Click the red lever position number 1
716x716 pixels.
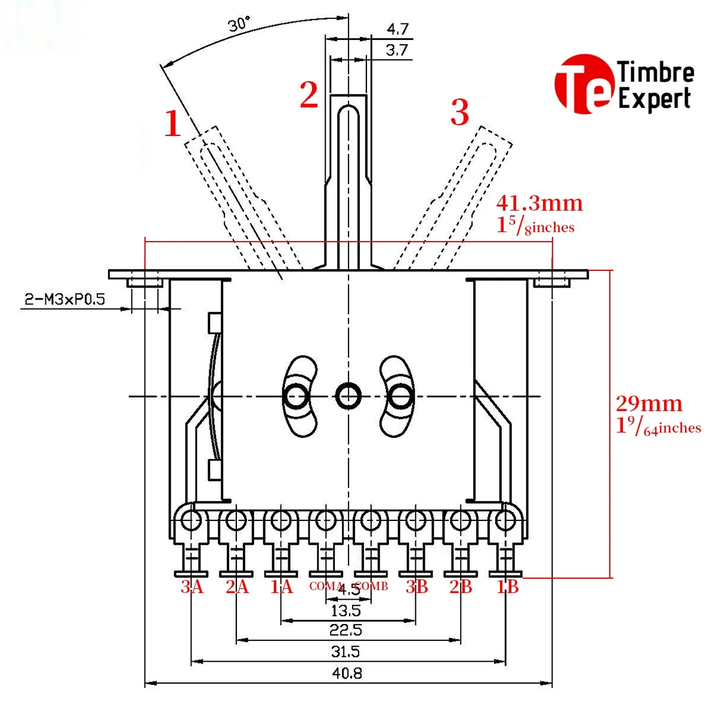172,124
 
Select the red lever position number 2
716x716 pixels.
309,94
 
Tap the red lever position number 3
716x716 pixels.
459,112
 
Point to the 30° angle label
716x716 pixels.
239,24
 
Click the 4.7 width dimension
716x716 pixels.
397,29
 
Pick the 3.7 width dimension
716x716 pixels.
397,50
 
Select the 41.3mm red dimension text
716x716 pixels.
539,203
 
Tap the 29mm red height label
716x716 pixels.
649,404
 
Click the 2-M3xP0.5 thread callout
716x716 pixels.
64,299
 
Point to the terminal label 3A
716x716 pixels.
192,587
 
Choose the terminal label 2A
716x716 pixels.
237,587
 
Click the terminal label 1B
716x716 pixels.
508,587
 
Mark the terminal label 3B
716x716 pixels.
417,587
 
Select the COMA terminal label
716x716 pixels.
325,587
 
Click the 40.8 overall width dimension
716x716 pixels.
347,673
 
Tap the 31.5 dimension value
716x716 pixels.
345,652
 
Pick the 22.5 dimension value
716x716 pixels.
345,630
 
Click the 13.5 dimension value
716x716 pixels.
346,610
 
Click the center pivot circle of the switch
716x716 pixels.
348,395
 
